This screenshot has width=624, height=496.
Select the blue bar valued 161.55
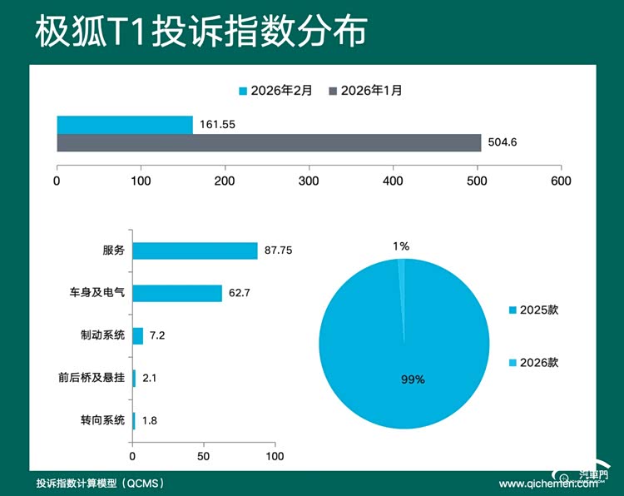point(125,125)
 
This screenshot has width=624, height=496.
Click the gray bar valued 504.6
point(269,142)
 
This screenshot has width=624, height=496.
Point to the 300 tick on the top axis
point(310,180)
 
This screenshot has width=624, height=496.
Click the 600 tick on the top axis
point(561,180)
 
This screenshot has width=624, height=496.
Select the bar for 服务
point(195,250)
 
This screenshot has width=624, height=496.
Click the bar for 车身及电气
point(177,293)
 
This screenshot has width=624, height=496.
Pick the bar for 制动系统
point(138,335)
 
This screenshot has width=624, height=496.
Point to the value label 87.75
point(279,250)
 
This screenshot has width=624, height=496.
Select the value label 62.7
point(241,293)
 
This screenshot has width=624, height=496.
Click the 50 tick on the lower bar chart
point(204,456)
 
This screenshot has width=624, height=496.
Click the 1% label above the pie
point(401,246)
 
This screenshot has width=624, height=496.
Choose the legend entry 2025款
point(538,310)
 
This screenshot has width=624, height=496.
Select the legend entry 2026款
point(538,363)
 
